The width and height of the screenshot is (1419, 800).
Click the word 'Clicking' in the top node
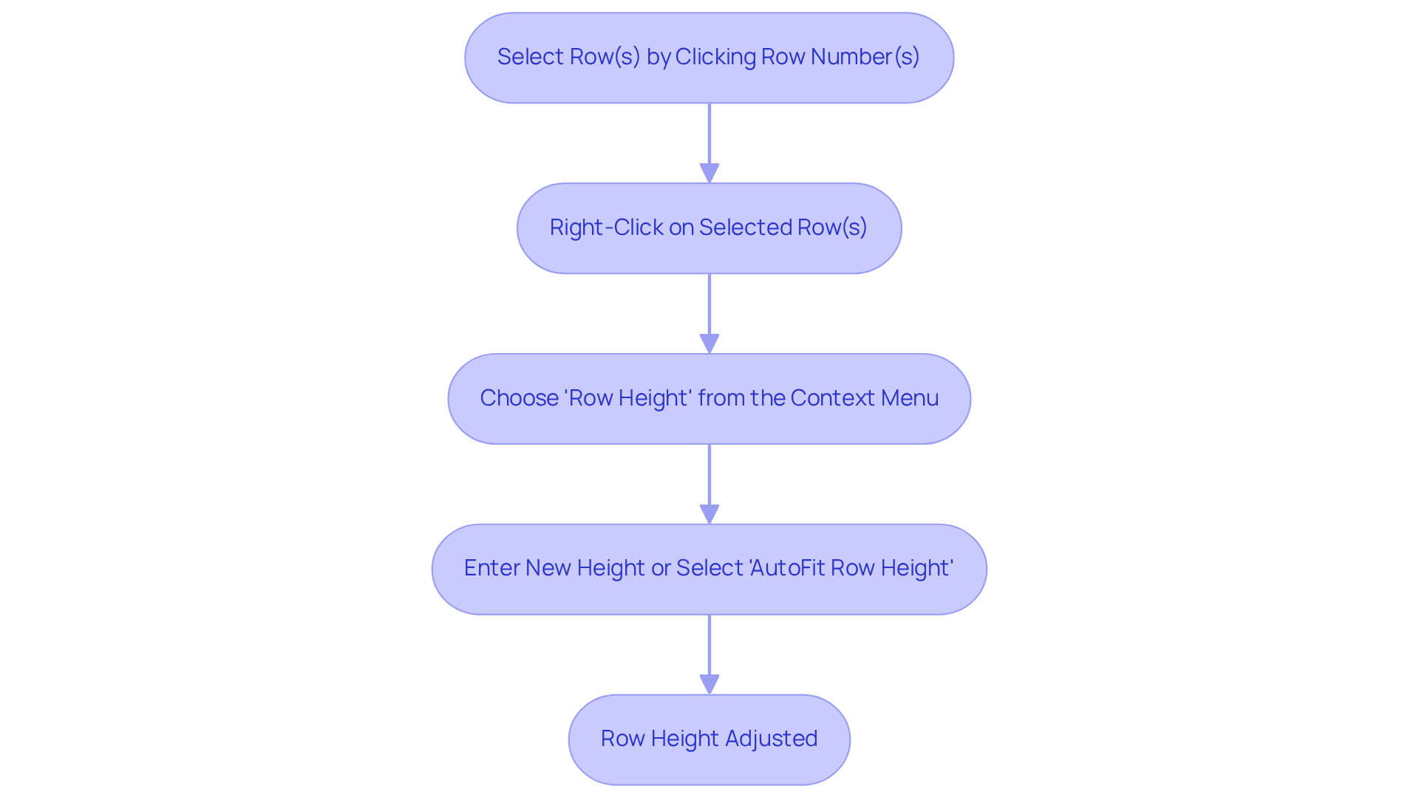point(715,57)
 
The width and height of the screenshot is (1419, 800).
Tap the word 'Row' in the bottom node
point(622,739)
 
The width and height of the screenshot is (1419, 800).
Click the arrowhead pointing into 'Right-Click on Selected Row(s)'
point(709,173)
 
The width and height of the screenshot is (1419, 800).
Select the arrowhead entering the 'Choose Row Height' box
point(709,343)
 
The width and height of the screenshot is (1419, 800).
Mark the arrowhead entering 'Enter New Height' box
point(709,514)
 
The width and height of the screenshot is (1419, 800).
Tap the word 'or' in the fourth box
point(660,568)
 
